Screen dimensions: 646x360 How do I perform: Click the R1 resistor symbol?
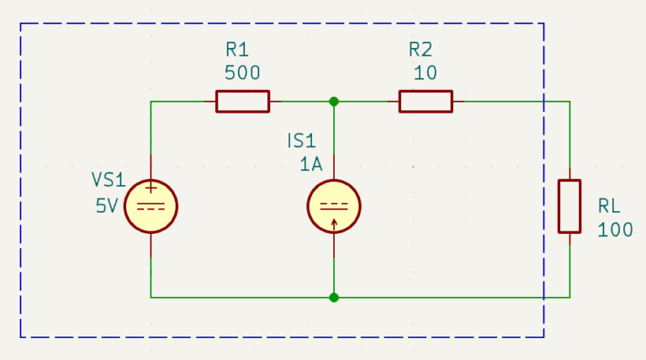click(242, 101)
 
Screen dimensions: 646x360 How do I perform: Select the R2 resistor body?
click(426, 101)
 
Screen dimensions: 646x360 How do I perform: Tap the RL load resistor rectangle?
click(569, 206)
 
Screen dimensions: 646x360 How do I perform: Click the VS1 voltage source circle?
click(151, 206)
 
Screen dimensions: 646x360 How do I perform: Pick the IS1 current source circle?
click(334, 206)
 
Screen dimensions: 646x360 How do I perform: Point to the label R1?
click(237, 50)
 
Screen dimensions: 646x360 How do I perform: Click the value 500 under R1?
click(242, 73)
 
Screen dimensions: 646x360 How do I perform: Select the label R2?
click(421, 50)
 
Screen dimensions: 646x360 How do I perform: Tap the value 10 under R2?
click(425, 73)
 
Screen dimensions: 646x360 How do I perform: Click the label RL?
click(609, 206)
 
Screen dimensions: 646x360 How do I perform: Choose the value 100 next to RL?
click(615, 230)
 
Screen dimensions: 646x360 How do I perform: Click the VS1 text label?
click(109, 180)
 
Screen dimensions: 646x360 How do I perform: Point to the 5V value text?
click(107, 205)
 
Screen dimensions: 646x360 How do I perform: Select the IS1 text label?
click(302, 140)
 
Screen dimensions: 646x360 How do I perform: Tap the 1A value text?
click(311, 165)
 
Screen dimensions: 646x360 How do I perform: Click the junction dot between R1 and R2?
click(334, 101)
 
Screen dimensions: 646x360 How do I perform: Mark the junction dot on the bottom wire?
click(334, 298)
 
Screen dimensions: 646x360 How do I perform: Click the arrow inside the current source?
click(334, 225)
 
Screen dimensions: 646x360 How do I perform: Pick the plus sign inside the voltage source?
click(151, 188)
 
